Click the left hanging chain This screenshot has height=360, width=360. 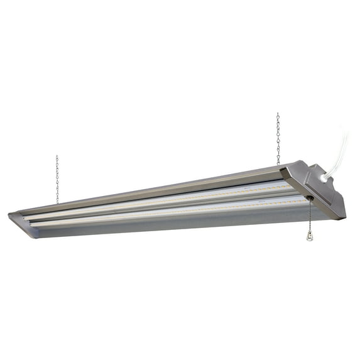(x=57, y=179)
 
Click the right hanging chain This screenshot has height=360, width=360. (x=278, y=138)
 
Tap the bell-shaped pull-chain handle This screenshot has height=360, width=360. (x=309, y=235)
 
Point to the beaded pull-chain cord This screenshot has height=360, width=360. (x=309, y=216)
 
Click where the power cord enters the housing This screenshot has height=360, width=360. (x=324, y=178)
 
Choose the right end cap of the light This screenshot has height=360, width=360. (x=314, y=188)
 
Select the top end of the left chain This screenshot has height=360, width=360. (x=57, y=156)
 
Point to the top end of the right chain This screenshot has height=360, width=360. (x=277, y=114)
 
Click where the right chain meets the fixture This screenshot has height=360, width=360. (x=278, y=164)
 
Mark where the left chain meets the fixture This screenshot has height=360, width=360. (x=58, y=202)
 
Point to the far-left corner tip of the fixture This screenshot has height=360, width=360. (x=9, y=215)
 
